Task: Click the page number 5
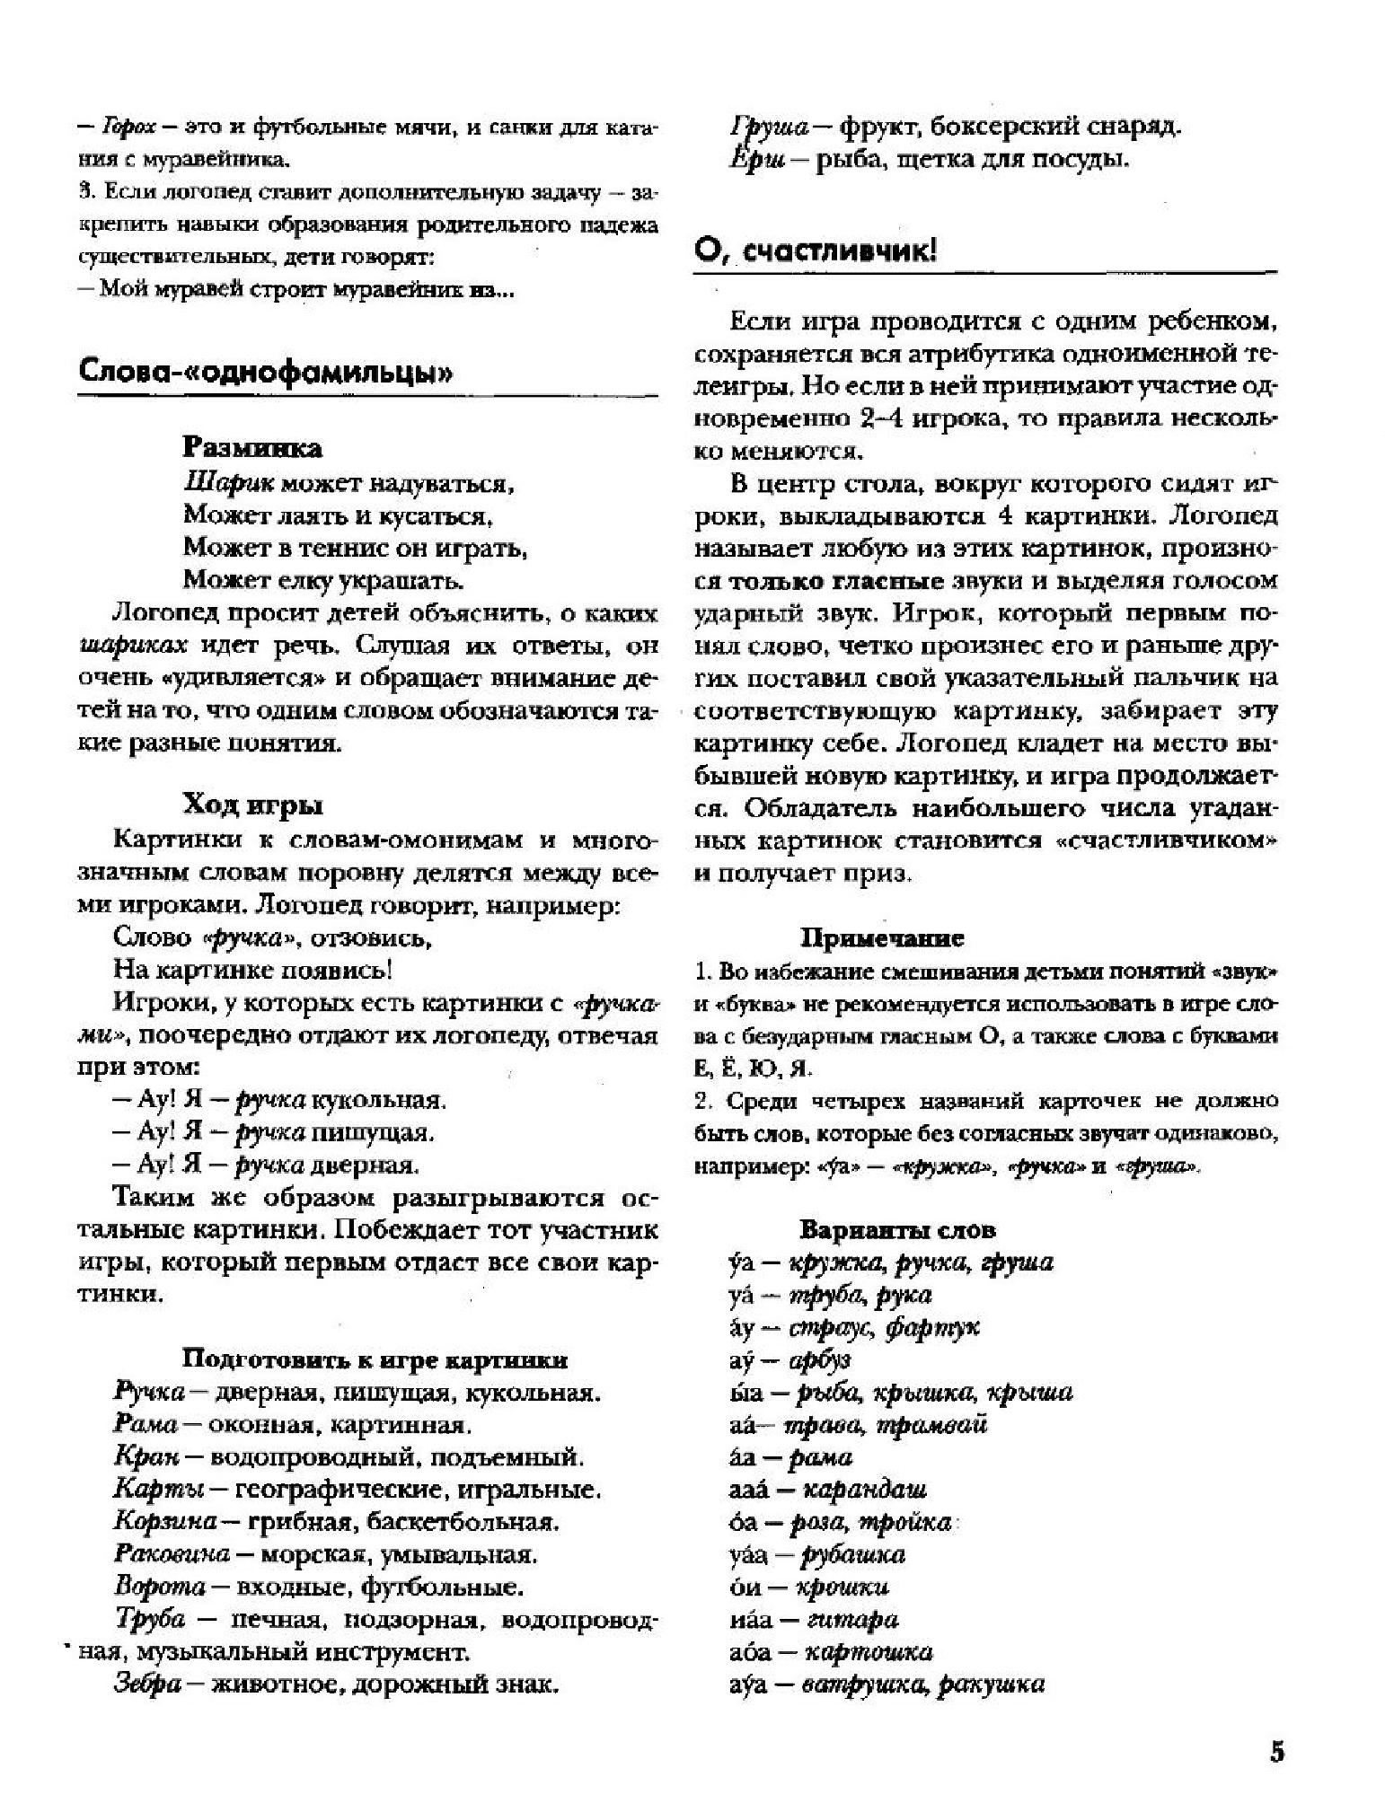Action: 1276,1752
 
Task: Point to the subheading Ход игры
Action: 252,805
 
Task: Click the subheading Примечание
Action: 882,938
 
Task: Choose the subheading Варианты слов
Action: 897,1229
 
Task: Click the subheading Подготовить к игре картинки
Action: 375,1359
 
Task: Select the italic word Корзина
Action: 165,1522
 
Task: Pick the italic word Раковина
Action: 172,1554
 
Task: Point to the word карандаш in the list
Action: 862,1490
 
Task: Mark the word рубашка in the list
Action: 851,1554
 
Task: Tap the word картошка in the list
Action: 868,1651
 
